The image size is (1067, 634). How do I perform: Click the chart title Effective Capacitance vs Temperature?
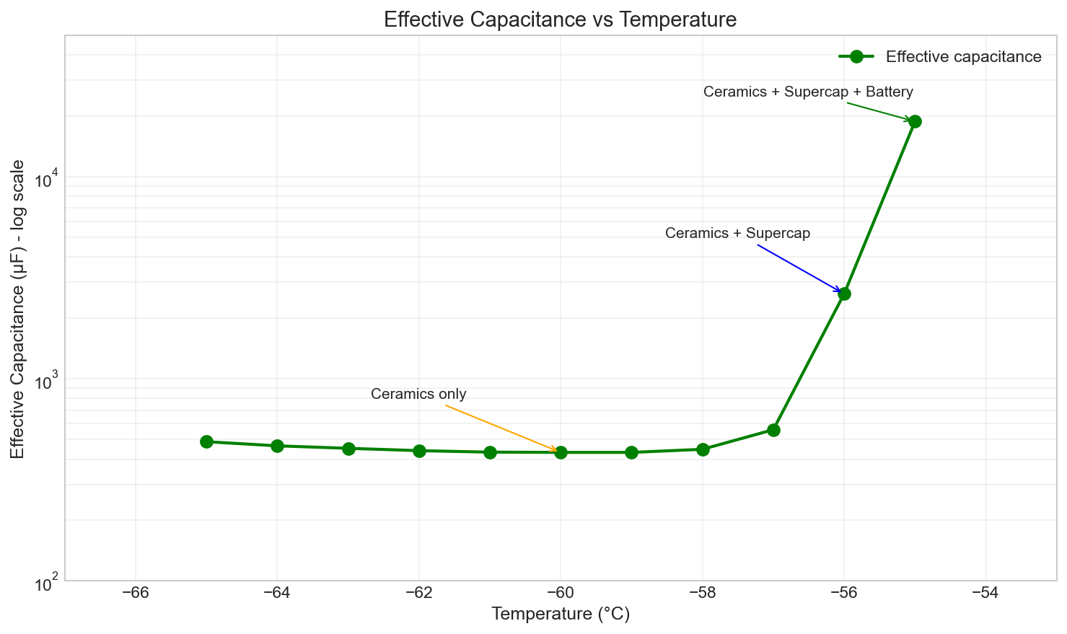pos(560,19)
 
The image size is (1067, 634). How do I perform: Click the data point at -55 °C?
pos(915,121)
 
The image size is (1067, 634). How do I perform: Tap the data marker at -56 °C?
pos(844,294)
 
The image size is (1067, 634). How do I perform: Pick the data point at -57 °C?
pos(773,430)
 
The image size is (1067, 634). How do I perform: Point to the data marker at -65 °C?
pos(206,441)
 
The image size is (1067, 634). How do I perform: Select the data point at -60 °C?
pos(561,452)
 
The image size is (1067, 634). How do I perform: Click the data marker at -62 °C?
pos(419,451)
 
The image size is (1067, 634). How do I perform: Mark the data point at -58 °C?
pos(703,449)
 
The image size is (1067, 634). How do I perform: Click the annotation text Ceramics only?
pos(418,395)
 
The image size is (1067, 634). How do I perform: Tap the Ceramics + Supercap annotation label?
pos(737,234)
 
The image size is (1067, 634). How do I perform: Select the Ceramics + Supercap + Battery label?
pos(808,92)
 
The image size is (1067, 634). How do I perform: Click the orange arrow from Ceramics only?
pos(501,428)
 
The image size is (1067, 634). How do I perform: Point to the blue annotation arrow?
pos(799,268)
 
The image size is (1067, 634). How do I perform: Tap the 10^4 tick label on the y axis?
pos(46,179)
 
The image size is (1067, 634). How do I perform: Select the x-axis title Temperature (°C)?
pos(561,615)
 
